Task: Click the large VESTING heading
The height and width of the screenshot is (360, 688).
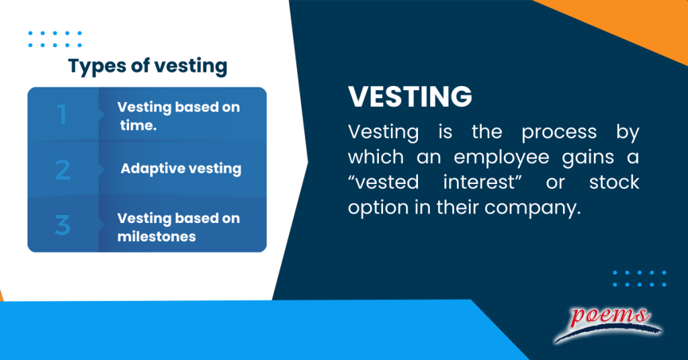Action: pos(410,97)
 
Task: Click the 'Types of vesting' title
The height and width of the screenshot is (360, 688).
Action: pos(148,66)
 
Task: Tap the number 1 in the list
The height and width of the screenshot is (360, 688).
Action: pos(62,114)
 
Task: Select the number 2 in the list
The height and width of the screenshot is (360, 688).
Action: pos(62,169)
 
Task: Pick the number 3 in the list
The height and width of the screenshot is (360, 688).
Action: pos(62,224)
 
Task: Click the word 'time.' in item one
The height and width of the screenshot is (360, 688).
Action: pos(138,124)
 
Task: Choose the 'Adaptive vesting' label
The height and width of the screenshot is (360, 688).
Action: pos(181,169)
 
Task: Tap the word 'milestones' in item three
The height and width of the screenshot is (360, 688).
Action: pos(157,236)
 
